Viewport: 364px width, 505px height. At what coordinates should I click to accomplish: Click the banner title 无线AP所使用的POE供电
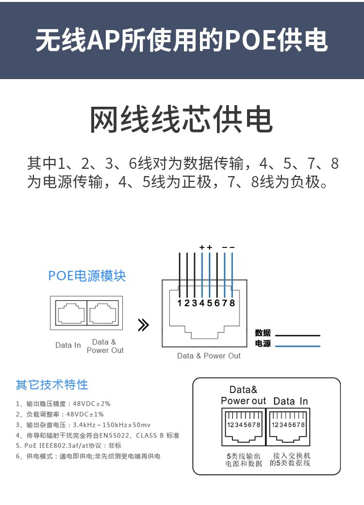point(182,41)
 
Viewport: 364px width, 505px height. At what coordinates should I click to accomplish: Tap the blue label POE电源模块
point(87,276)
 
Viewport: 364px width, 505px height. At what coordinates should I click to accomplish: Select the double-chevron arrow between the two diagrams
point(143,325)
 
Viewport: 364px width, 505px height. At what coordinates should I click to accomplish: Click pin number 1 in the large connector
point(180,303)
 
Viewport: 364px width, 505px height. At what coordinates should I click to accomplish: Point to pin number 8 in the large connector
point(232,303)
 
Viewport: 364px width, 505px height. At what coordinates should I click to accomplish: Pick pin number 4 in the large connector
point(202,303)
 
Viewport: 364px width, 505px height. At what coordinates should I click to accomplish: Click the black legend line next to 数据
point(298,335)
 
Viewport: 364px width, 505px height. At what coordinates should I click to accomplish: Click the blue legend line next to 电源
point(298,346)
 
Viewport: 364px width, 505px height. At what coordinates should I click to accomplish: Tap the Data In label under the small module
point(68,345)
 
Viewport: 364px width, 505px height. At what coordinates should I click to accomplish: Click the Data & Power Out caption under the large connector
point(209,356)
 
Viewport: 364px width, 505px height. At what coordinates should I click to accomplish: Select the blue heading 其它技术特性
point(52,385)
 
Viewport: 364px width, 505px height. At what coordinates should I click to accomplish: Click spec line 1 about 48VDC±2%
point(63,404)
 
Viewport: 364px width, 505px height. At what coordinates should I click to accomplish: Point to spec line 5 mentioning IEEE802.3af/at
point(68,445)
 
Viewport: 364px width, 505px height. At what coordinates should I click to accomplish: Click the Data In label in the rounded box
point(290,401)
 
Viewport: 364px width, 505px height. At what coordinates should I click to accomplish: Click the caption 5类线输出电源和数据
point(243,459)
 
